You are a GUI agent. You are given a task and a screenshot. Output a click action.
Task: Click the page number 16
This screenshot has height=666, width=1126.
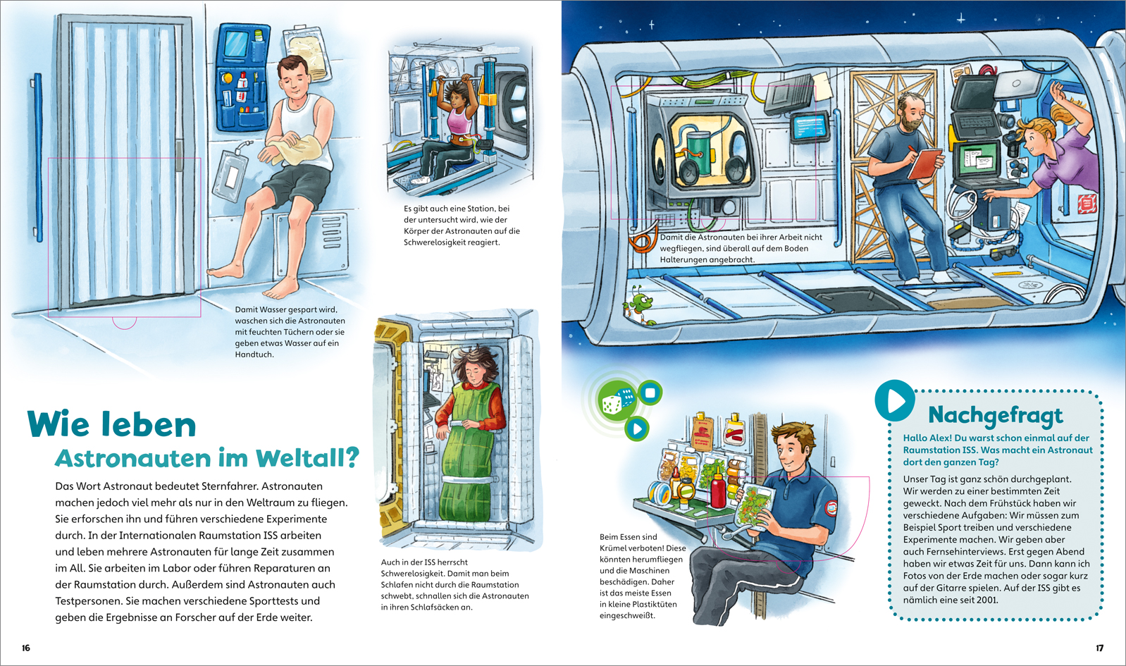tap(26, 648)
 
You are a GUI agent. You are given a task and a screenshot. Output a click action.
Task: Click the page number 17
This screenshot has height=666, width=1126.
tap(1099, 648)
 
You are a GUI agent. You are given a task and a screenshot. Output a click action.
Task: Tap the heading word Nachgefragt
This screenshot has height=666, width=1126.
tap(996, 416)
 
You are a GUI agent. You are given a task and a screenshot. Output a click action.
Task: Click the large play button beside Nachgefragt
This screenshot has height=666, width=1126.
tap(896, 400)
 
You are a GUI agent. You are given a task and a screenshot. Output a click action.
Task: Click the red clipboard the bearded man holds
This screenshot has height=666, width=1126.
tap(924, 164)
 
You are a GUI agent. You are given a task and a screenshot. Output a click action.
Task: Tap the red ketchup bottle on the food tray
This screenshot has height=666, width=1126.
tap(718, 491)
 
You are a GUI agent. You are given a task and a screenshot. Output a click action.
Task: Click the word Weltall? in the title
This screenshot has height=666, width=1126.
tap(308, 458)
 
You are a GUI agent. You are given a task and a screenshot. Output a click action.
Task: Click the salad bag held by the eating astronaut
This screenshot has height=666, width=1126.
tap(755, 511)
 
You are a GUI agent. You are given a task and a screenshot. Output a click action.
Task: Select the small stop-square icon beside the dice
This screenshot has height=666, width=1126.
tap(650, 393)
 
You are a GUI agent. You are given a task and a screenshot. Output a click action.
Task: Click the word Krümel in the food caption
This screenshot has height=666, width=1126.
tap(613, 548)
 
